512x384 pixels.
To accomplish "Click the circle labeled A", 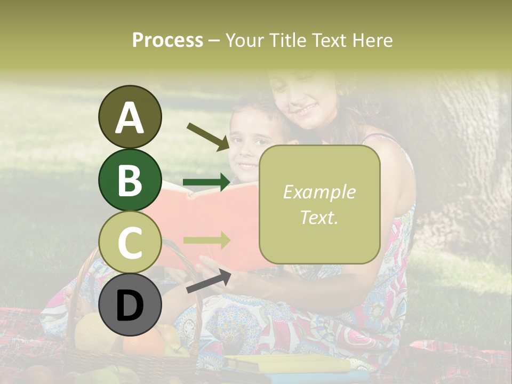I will click(130, 117).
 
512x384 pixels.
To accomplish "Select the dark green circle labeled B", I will click(130, 180).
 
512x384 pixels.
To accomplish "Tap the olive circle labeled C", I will click(130, 243).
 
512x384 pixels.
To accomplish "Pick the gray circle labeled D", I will click(130, 306).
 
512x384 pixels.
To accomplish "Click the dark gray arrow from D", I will click(209, 282).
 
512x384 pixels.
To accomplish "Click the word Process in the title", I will click(167, 40).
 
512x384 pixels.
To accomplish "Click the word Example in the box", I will click(319, 192).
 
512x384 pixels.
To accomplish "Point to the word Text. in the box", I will click(319, 217).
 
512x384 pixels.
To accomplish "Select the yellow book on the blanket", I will click(288, 364).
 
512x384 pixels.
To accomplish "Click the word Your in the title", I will click(245, 40).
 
